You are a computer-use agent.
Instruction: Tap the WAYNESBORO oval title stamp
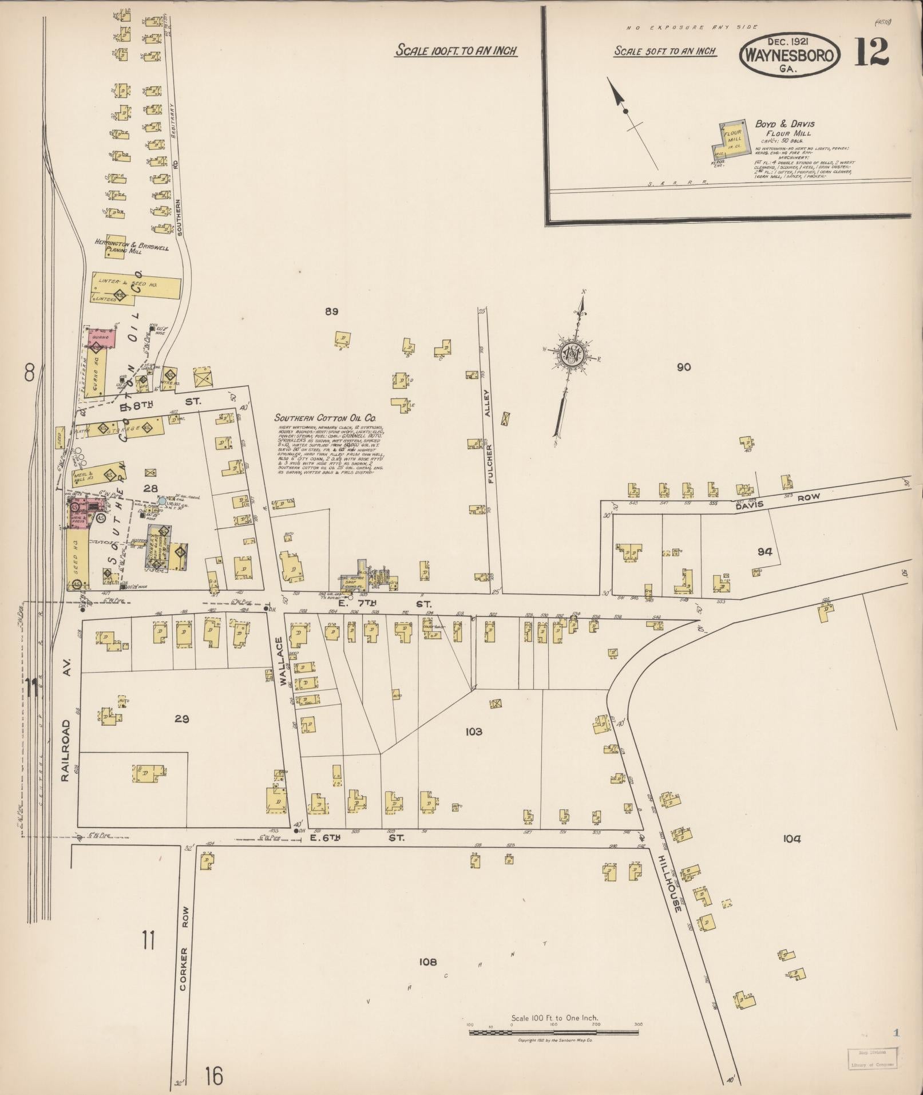pos(790,56)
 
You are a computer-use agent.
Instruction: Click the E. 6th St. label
pos(356,837)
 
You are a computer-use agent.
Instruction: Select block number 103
pos(474,732)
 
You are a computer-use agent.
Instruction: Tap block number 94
pos(765,552)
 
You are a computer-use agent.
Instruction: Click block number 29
pos(182,719)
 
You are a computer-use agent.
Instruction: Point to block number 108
pos(427,962)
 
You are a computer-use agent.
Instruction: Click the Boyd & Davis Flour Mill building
pos(730,139)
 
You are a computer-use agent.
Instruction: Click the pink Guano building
pos(102,338)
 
